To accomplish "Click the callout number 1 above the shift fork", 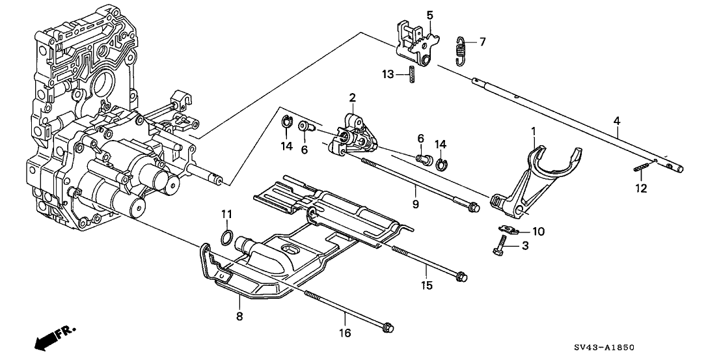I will (533, 132).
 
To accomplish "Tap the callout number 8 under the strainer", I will (239, 316).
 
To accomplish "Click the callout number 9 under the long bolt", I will (415, 204).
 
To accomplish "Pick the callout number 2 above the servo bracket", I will (352, 98).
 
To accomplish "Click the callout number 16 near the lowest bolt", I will (344, 333).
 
